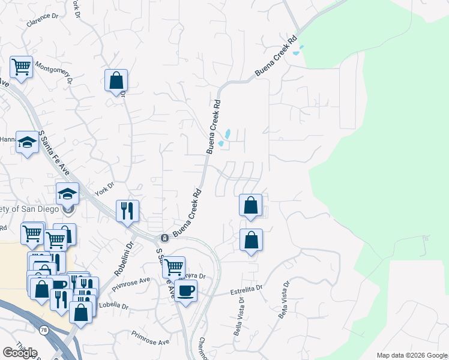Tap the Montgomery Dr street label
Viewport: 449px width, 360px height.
[53, 71]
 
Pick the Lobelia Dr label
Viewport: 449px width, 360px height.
[112, 305]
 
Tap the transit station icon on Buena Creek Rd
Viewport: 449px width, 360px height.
[164, 238]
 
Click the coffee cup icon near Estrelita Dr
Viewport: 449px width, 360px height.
[186, 290]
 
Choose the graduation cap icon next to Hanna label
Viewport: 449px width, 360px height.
[26, 142]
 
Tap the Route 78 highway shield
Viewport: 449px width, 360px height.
[44, 330]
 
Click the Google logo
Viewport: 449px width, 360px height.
[19, 353]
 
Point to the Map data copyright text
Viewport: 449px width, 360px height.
[411, 355]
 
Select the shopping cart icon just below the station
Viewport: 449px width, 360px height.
[173, 266]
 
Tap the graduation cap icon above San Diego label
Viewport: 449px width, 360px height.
[67, 193]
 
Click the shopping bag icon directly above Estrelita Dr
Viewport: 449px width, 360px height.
[251, 240]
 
